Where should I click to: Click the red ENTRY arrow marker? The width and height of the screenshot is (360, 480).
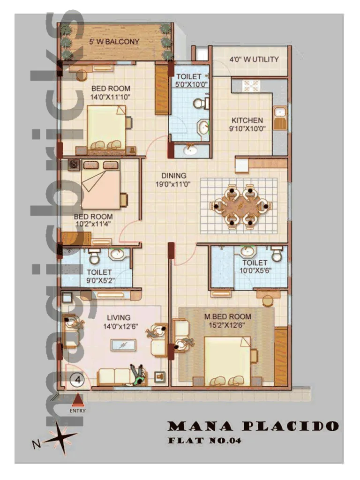click(77, 399)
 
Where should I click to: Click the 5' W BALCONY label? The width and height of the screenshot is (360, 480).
click(114, 42)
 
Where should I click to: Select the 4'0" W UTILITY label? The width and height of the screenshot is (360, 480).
click(254, 60)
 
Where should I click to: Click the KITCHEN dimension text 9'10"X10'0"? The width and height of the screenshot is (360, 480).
click(247, 128)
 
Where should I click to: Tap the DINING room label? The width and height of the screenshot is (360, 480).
click(173, 176)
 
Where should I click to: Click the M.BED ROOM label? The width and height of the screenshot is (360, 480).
click(227, 316)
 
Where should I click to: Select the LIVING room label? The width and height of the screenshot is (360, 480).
click(118, 318)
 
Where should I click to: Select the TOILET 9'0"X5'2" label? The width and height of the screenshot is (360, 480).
click(99, 276)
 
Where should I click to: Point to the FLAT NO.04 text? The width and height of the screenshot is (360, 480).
click(204, 441)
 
